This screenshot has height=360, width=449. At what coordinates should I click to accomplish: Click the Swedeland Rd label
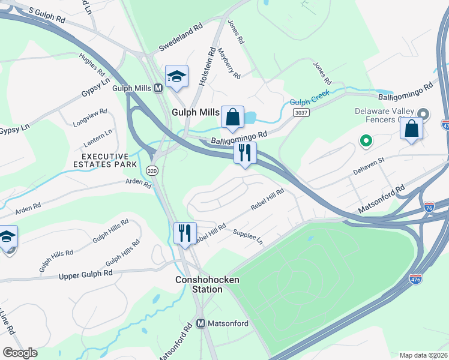(x=182, y=38)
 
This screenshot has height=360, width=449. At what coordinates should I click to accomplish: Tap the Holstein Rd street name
(x=205, y=65)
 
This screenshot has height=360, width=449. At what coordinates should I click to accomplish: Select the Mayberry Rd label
(x=229, y=64)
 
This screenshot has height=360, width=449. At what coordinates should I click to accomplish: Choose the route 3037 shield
(x=301, y=113)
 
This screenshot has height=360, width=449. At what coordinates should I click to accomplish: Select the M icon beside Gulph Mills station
(x=158, y=88)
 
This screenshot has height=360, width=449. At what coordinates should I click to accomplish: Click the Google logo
(x=20, y=353)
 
